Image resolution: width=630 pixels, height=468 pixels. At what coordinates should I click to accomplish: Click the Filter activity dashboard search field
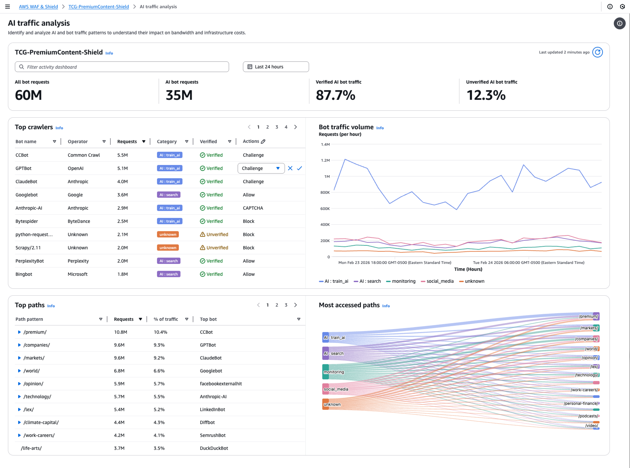click(x=122, y=67)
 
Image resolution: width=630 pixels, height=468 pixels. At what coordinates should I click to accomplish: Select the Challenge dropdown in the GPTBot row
click(x=261, y=168)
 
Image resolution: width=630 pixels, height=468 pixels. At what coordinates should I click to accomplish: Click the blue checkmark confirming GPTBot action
click(x=299, y=168)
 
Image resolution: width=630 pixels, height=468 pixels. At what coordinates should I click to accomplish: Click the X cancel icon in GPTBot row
click(x=290, y=168)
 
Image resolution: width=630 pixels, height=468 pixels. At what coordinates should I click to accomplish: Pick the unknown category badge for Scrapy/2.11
click(x=168, y=248)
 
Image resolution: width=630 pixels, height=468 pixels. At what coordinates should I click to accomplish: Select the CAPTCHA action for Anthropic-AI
click(x=253, y=208)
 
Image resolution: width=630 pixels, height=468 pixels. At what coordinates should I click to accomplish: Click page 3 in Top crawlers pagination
click(x=276, y=127)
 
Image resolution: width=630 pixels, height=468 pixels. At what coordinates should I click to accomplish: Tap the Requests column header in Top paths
click(x=124, y=319)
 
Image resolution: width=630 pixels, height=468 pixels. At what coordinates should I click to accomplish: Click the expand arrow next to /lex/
click(x=19, y=409)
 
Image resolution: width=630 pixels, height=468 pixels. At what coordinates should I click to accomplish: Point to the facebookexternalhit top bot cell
click(x=221, y=384)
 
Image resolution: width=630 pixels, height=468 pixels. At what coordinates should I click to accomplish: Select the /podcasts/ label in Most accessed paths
click(x=588, y=416)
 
